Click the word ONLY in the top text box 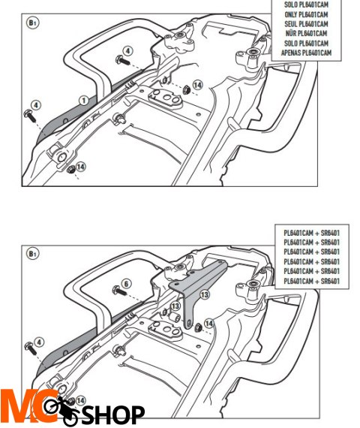291,14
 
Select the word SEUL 291,24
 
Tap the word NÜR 291,33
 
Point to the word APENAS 290,53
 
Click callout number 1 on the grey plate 84,101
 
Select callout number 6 126,284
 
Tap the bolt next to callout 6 119,291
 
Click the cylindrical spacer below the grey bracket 174,317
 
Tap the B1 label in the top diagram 33,23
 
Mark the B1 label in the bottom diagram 33,254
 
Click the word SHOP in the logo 113,415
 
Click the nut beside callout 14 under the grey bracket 198,327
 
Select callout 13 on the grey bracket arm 205,295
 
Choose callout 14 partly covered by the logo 80,400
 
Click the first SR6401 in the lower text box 330,233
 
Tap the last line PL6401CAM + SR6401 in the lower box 312,281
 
